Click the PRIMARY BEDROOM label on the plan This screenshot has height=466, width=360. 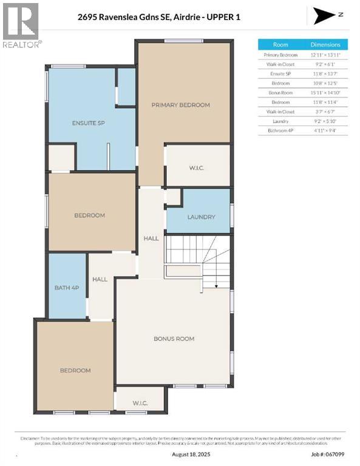click(x=180, y=105)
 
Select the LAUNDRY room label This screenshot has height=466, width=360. click(x=198, y=217)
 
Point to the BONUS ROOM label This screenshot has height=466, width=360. click(x=174, y=339)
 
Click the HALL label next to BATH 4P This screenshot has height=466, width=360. click(x=100, y=279)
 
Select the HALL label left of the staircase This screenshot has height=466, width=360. click(x=151, y=238)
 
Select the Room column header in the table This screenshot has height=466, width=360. click(x=280, y=44)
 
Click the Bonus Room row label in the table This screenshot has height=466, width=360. click(x=280, y=93)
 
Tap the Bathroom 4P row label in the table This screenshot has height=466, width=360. click(x=280, y=130)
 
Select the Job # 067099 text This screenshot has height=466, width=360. click(x=328, y=454)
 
